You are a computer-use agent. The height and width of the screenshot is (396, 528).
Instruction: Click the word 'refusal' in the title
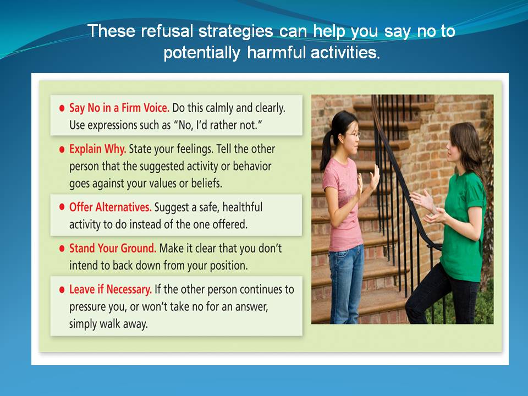167,31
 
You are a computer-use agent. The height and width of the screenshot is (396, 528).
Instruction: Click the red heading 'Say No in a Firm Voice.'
119,108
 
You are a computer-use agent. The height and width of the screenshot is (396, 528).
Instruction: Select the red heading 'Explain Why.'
98,149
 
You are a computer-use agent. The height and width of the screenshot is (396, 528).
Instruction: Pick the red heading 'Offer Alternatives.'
111,207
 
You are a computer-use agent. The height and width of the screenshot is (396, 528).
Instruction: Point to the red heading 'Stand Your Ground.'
113,248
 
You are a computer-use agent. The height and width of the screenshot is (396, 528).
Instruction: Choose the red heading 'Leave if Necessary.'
111,290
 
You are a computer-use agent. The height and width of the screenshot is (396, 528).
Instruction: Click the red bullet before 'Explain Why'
62,150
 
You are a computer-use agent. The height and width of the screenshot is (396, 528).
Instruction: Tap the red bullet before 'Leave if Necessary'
62,290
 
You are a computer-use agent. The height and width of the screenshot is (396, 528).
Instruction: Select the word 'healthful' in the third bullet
243,207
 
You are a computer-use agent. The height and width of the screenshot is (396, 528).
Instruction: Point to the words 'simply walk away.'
108,324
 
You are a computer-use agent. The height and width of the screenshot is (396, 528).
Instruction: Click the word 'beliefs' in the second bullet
206,184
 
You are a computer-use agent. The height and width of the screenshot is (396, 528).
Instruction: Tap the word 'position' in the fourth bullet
228,266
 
